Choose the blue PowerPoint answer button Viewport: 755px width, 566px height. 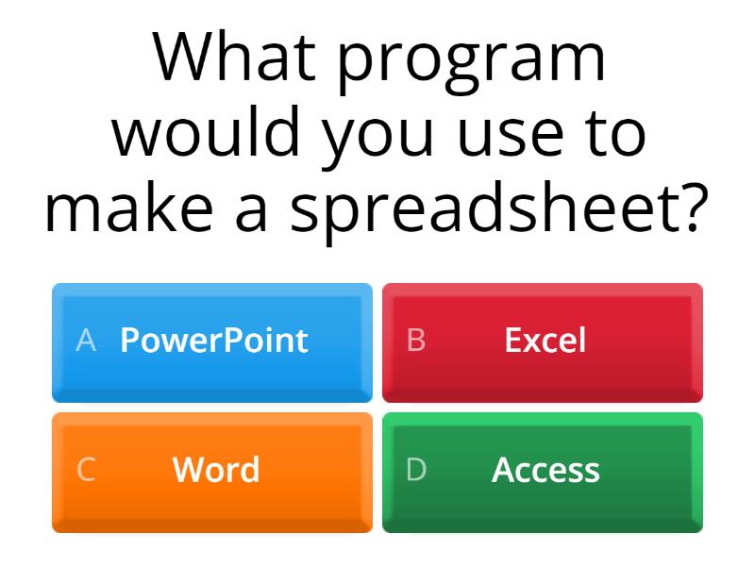(212, 342)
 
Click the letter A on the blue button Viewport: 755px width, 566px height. (86, 341)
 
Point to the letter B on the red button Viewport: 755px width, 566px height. (416, 341)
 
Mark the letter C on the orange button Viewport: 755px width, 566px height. (86, 470)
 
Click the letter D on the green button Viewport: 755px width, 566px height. (416, 470)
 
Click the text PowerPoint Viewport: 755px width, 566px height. (214, 341)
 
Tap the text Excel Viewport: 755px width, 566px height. (545, 341)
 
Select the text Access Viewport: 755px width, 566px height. (545, 470)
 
